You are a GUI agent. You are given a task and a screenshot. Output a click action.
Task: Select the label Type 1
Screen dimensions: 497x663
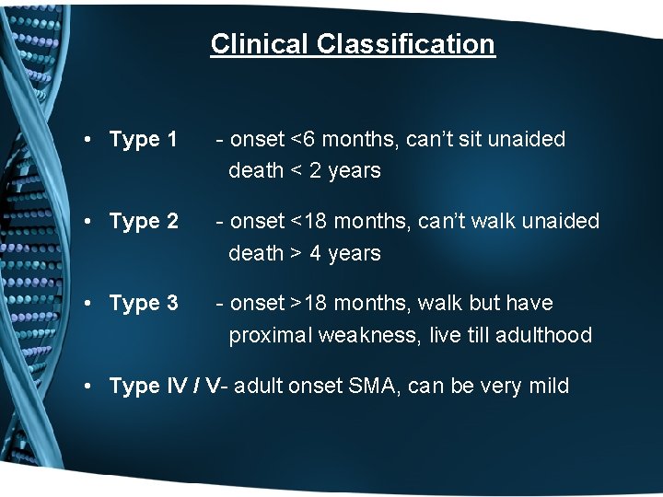click(x=143, y=140)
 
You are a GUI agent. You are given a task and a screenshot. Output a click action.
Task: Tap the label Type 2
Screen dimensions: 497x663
click(x=143, y=222)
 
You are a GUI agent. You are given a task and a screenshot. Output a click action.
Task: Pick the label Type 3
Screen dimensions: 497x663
click(x=143, y=303)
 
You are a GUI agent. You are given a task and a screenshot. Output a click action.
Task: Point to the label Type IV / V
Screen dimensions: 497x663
click(x=165, y=386)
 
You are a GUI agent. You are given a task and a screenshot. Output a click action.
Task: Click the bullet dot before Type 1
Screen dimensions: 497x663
click(x=85, y=141)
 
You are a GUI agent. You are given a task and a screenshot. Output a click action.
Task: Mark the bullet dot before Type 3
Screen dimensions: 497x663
click(x=85, y=304)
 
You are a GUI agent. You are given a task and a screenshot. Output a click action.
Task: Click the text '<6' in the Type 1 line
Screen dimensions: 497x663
click(x=303, y=140)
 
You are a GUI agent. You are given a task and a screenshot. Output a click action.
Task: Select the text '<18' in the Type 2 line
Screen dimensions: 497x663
click(x=308, y=222)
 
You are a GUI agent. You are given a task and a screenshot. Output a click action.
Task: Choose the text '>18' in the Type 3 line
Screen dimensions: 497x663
click(x=308, y=303)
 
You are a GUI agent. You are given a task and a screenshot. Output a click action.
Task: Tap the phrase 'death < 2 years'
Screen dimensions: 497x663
click(x=304, y=171)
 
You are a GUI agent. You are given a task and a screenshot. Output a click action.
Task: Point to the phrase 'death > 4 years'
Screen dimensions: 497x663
click(x=304, y=253)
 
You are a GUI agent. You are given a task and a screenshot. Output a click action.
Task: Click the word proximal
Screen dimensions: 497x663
click(x=271, y=335)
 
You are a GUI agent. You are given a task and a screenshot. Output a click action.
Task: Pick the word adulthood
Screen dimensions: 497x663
click(x=542, y=335)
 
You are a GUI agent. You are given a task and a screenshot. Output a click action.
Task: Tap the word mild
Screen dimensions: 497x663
click(x=548, y=386)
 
